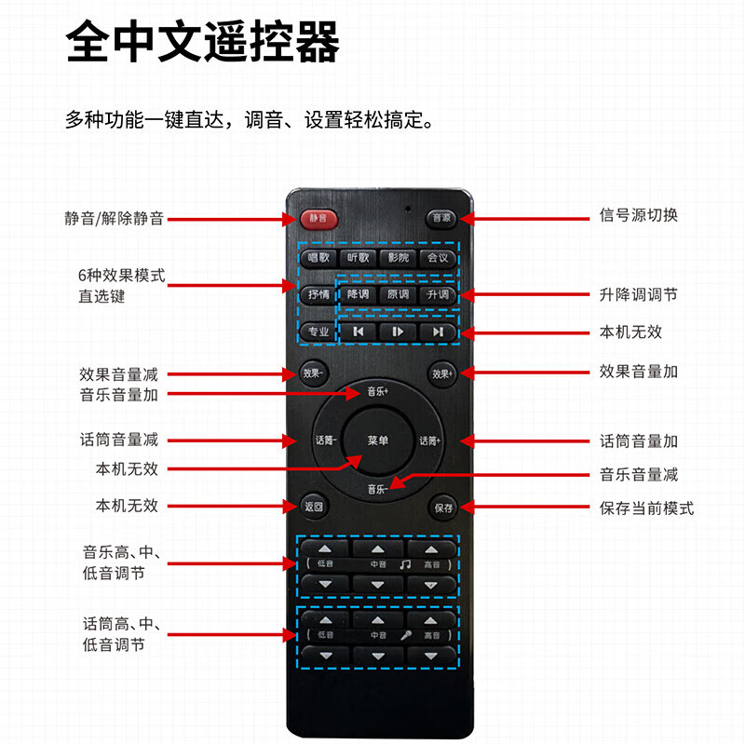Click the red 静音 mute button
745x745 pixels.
318,218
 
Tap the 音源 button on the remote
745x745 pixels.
440,218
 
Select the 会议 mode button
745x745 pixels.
437,258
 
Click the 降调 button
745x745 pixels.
358,294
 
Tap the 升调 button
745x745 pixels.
438,294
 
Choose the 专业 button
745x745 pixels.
318,331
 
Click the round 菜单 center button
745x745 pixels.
378,440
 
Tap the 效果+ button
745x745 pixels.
441,373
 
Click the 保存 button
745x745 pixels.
442,508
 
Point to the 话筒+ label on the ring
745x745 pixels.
430,440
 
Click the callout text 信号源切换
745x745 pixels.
638,215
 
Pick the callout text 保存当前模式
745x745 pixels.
646,508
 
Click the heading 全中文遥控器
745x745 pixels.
203,45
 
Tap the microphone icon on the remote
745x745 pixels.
406,635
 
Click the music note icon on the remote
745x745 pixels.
404,564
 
